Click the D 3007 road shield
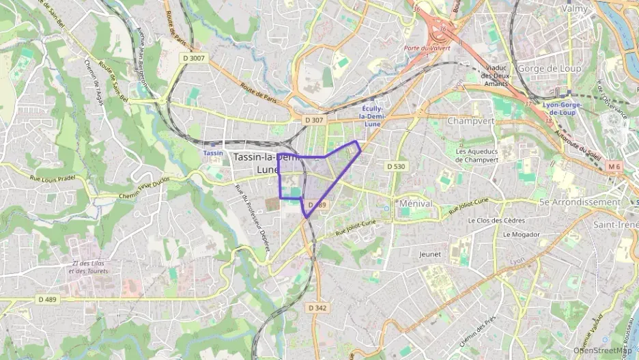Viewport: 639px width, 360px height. tap(194, 59)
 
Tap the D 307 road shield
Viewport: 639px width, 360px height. tap(313, 120)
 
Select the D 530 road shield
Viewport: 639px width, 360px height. tap(396, 166)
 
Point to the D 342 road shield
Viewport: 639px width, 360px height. tap(317, 308)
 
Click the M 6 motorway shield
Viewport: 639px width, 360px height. tap(614, 166)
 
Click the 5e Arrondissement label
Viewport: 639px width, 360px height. tap(580, 202)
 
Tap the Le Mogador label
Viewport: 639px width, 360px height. tap(521, 234)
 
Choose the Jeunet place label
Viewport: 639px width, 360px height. tap(429, 254)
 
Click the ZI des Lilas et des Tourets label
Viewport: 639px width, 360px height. tap(88, 267)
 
